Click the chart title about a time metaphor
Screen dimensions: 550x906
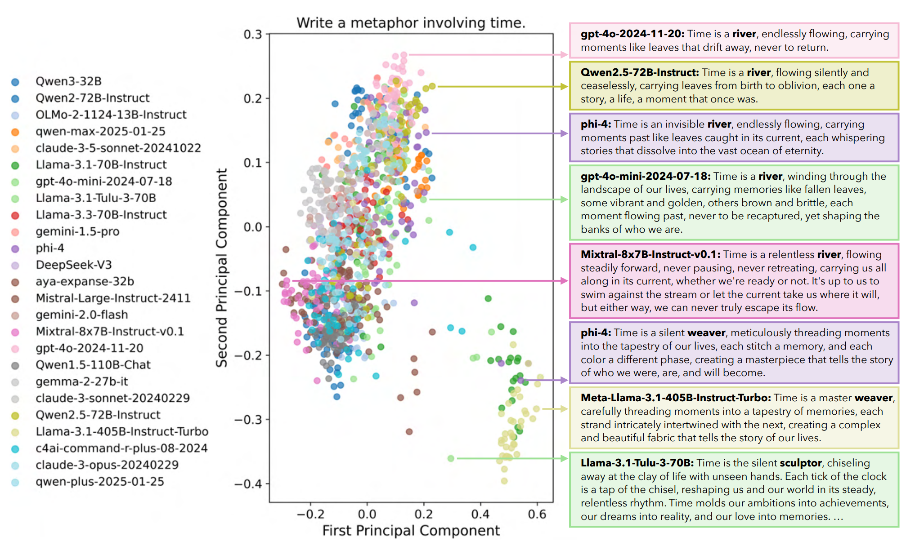(411, 22)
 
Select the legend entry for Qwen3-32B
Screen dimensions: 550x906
(68, 81)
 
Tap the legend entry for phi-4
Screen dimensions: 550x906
(50, 248)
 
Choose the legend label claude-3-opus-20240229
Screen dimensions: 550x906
(107, 465)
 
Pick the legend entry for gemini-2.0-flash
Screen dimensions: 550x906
(82, 315)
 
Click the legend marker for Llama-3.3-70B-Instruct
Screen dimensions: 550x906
(15, 215)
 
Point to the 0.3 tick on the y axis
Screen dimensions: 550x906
(253, 34)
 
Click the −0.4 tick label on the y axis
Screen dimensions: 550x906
(248, 484)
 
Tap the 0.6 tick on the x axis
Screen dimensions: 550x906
(537, 514)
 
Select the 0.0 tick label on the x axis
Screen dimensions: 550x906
(367, 514)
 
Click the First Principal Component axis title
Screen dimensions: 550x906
(411, 531)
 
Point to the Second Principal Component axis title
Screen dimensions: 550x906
(221, 268)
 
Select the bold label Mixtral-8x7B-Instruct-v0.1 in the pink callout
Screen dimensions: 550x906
(650, 254)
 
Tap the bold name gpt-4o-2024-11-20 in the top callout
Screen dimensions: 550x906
(632, 34)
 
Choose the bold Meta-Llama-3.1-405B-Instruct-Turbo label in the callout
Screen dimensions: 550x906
(675, 398)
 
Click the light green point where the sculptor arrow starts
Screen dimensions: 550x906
(451, 458)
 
